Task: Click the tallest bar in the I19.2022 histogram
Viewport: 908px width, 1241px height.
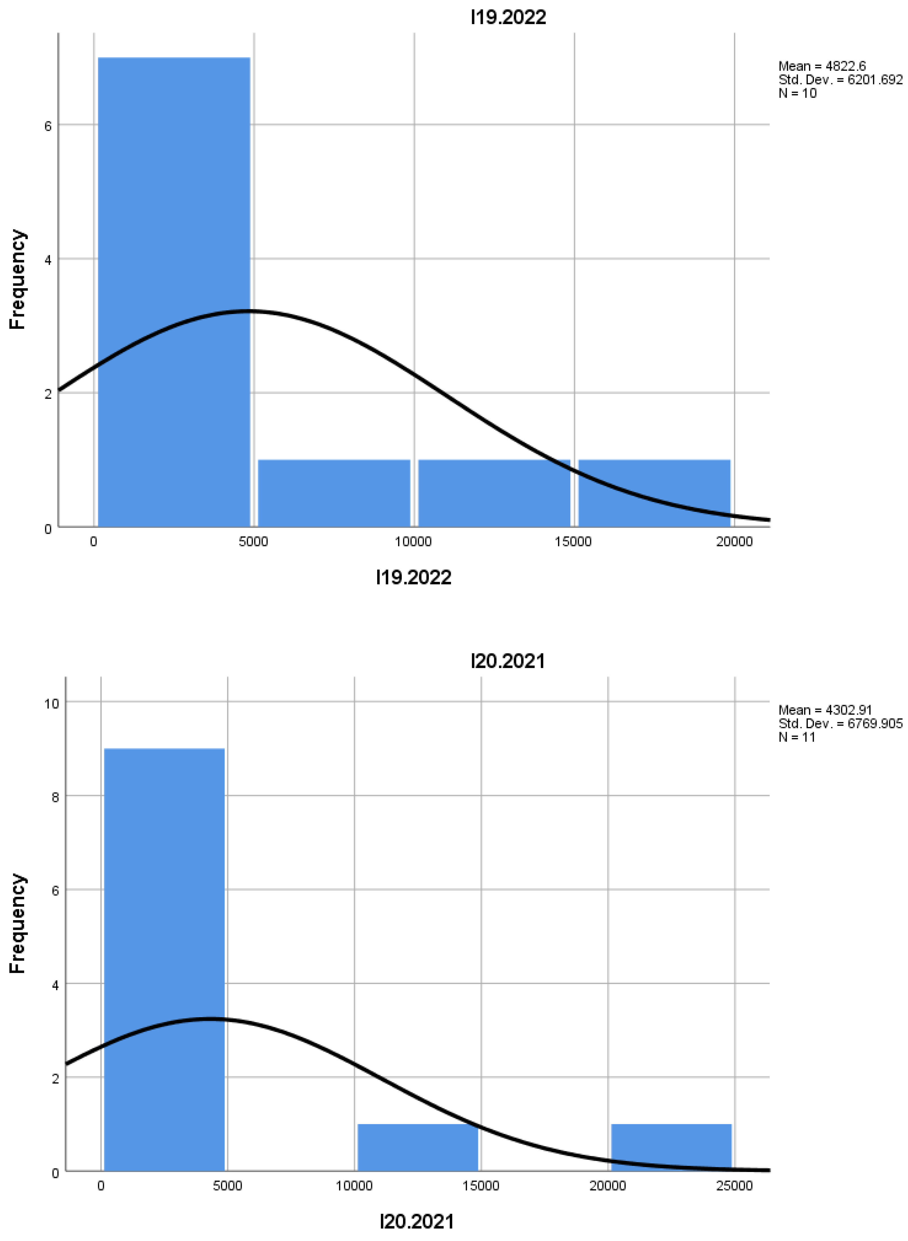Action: tap(174, 291)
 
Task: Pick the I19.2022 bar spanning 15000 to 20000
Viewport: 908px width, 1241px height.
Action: tap(654, 493)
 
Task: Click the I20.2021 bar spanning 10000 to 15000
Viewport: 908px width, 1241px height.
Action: tap(418, 1147)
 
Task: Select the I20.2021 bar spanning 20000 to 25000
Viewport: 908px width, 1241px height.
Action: tap(671, 1147)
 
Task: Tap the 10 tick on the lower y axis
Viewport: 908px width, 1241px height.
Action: tap(51, 703)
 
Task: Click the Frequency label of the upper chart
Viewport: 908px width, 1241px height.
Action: tap(18, 279)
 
